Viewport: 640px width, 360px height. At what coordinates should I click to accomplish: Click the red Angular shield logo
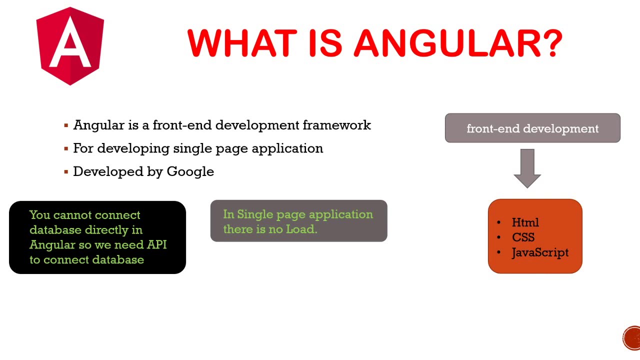70,46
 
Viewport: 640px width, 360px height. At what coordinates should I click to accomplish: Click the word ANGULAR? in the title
458,43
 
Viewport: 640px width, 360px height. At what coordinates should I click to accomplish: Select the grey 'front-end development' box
532,128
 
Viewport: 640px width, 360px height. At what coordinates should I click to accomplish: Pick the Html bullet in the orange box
525,222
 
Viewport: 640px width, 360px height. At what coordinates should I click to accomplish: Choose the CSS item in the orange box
523,237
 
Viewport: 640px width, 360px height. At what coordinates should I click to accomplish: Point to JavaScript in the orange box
540,252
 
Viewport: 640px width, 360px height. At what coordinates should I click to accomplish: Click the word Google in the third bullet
190,171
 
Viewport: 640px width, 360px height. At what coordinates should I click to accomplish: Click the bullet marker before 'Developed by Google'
66,172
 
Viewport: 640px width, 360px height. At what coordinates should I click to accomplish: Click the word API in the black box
156,245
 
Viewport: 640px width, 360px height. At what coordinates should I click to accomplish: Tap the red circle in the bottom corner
632,337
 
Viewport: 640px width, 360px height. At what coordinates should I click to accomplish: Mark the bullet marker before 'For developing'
66,149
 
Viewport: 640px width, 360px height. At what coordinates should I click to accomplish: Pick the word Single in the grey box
254,214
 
